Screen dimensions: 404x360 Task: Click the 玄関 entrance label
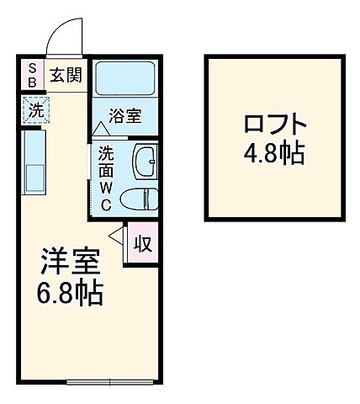[64, 76]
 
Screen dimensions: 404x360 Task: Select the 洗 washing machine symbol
[36, 109]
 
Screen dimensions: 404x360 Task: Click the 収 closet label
[144, 245]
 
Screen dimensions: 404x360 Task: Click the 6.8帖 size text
[71, 294]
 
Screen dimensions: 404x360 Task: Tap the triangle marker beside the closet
[117, 237]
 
